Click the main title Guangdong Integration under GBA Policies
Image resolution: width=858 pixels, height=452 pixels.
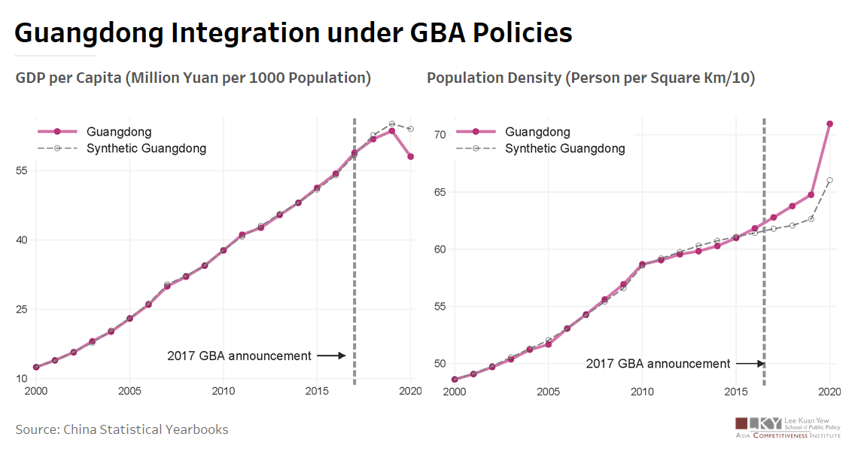293,33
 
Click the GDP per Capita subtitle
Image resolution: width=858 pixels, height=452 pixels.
193,78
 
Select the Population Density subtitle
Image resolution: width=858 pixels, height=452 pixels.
591,78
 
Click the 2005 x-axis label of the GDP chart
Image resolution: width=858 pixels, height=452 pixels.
129,392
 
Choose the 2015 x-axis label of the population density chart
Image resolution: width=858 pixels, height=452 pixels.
736,392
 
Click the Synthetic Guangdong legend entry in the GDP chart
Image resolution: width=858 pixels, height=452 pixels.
146,148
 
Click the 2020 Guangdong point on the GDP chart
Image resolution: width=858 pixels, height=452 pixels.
411,157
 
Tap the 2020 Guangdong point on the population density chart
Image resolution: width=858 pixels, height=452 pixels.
829,124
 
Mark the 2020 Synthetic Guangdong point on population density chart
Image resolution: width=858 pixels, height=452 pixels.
829,180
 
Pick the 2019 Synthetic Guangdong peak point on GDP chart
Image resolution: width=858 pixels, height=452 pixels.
392,124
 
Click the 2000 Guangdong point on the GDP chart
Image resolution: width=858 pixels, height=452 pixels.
36,367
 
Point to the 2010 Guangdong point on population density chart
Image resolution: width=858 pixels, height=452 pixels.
642,264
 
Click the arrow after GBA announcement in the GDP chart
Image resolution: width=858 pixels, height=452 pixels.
330,356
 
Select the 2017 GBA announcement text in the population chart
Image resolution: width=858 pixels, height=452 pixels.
658,364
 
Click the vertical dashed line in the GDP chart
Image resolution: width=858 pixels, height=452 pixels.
354,249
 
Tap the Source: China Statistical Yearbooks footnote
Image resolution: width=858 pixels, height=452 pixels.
122,429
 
